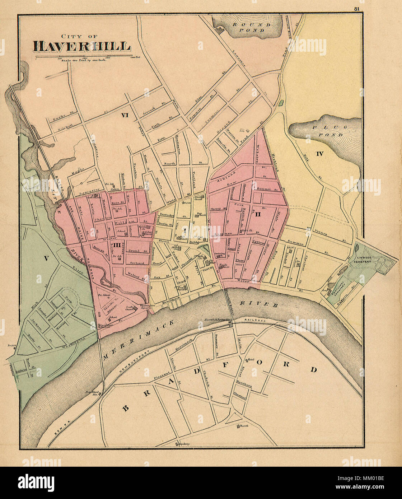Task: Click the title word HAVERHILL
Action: tap(81, 46)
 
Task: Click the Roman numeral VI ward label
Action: tap(125, 115)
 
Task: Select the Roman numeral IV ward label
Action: tap(320, 154)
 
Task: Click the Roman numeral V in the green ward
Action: tap(46, 256)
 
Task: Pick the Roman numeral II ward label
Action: tap(257, 215)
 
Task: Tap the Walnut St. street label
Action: tap(136, 278)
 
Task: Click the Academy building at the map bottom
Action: tap(183, 444)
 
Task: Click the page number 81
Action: tap(356, 9)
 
